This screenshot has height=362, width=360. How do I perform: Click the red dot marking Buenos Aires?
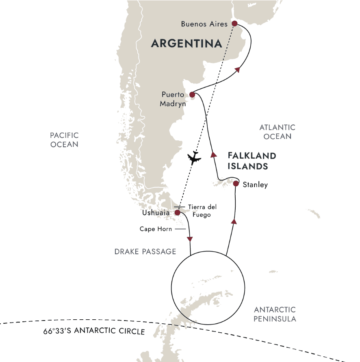click(x=234, y=24)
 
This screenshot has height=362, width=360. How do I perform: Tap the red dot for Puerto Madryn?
click(x=192, y=94)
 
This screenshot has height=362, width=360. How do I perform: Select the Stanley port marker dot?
click(x=236, y=184)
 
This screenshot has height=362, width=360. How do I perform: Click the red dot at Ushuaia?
click(x=177, y=212)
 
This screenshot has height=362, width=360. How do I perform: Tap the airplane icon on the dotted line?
click(x=195, y=157)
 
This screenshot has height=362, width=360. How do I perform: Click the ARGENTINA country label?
click(x=186, y=44)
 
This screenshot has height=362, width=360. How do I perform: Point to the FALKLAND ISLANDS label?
click(x=252, y=161)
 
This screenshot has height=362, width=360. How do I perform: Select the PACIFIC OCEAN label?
click(x=64, y=140)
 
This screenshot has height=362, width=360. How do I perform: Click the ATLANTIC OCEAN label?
click(x=278, y=132)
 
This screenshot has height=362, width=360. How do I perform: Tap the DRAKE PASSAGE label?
click(x=145, y=252)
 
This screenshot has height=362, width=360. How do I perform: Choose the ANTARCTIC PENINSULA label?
click(x=275, y=314)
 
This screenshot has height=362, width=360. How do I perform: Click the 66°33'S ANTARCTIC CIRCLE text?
click(x=94, y=331)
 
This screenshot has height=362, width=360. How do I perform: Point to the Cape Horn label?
click(x=156, y=229)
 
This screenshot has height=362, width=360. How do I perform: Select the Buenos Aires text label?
click(x=204, y=24)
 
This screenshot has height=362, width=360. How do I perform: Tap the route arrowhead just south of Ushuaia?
click(x=189, y=239)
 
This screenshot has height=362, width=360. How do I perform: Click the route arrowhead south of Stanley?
click(x=234, y=221)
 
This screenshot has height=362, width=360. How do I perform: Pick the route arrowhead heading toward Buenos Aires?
click(x=237, y=70)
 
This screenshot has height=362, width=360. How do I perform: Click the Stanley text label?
click(x=255, y=185)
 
